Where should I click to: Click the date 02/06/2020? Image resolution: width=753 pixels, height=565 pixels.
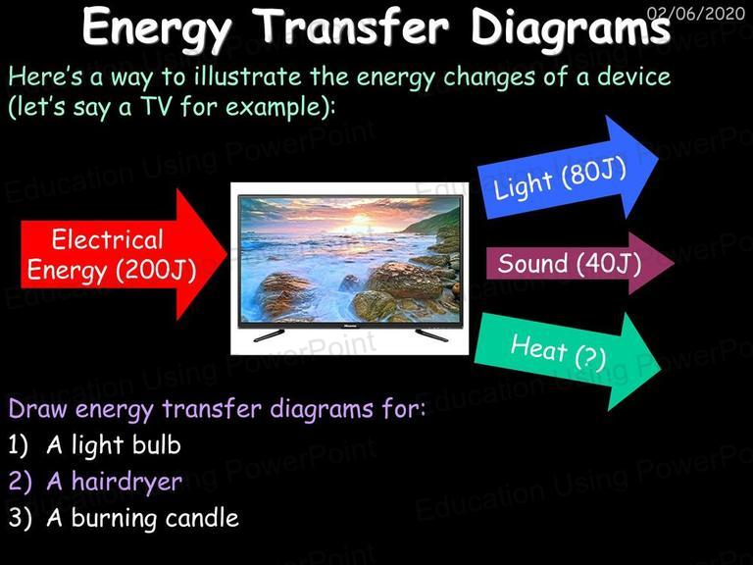(x=696, y=13)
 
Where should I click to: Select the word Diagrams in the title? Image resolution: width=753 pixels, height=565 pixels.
(x=571, y=29)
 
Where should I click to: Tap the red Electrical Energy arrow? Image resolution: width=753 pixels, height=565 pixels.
(x=124, y=254)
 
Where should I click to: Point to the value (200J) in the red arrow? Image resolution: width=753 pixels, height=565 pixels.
(x=156, y=270)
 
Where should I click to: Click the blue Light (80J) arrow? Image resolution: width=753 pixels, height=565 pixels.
(x=568, y=168)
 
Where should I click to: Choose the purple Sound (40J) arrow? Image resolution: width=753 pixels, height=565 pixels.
(x=580, y=263)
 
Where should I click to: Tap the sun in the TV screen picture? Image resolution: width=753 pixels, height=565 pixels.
(x=359, y=221)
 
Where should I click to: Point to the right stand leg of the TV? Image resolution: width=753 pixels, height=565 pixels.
(x=431, y=334)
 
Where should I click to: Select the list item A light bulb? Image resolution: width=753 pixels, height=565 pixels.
(x=114, y=445)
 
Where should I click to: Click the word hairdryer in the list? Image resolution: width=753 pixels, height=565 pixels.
(x=126, y=482)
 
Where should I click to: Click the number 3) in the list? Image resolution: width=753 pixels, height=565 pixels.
(x=20, y=518)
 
